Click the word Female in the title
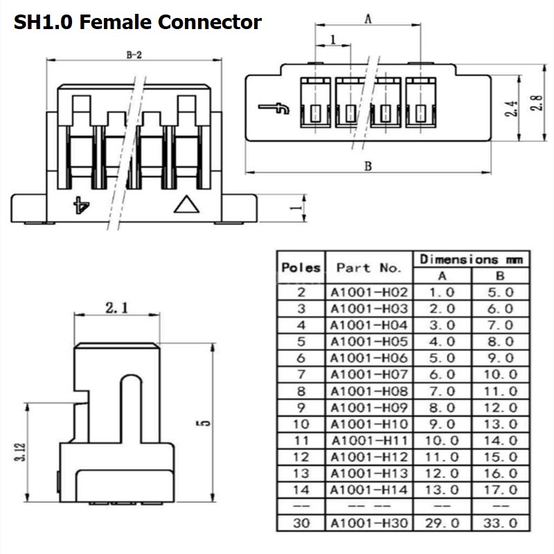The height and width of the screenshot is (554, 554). [x=116, y=22]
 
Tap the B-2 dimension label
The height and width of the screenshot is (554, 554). [x=134, y=55]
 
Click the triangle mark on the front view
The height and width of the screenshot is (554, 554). [x=186, y=204]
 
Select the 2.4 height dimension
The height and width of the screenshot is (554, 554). [x=511, y=109]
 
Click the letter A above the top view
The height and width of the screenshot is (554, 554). [x=368, y=19]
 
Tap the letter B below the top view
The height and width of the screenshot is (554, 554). [x=368, y=166]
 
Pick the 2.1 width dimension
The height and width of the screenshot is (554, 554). [x=117, y=307]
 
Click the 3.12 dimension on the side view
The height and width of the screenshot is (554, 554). [x=21, y=452]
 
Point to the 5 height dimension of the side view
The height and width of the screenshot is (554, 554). [x=204, y=422]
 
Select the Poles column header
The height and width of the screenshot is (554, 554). [x=301, y=267]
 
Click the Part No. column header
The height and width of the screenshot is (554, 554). [x=369, y=267]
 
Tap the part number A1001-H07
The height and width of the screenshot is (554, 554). [x=369, y=374]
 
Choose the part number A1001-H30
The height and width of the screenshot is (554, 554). [x=369, y=523]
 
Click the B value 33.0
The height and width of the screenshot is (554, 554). [x=500, y=523]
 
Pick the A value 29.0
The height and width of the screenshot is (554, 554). [x=442, y=523]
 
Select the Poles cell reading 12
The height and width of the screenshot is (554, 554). [x=301, y=457]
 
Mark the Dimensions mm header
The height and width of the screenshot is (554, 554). [x=472, y=260]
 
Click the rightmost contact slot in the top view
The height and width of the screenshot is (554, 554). [x=420, y=102]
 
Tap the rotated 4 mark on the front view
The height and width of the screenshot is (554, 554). [x=81, y=205]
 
